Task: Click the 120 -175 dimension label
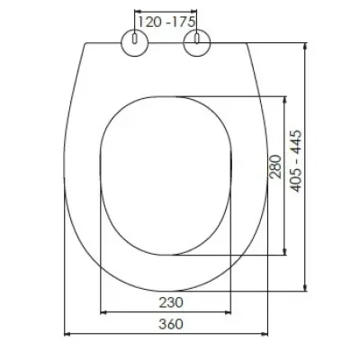[x=166, y=22]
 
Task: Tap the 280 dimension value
[x=275, y=166]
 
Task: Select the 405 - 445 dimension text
[x=296, y=161]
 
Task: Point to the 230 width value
[x=170, y=302]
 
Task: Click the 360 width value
[x=170, y=324]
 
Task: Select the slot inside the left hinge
[x=135, y=39]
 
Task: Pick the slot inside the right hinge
[x=197, y=39]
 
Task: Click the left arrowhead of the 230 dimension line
[x=103, y=312]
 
